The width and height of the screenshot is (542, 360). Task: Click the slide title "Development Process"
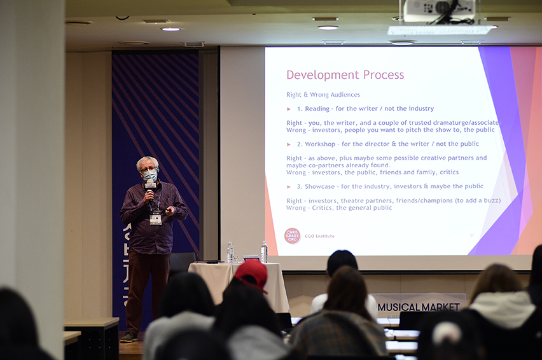345,75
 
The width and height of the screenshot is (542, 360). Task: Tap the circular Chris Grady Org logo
292,236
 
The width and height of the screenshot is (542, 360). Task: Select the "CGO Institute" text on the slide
319,236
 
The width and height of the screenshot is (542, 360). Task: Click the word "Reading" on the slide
317,109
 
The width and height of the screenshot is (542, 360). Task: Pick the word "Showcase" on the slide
321,186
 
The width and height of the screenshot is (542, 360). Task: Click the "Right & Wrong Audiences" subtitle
323,95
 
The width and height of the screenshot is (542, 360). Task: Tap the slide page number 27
471,235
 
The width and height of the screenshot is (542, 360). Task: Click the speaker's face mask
150,175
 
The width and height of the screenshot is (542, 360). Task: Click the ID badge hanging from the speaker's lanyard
155,218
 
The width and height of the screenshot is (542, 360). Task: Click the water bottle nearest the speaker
230,253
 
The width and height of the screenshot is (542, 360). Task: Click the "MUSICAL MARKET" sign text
418,307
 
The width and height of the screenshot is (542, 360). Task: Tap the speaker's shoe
130,336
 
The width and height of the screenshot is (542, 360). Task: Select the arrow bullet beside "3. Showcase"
289,187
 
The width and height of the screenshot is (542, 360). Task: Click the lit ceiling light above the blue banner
170,29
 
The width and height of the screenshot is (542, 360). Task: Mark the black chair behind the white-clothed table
183,261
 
